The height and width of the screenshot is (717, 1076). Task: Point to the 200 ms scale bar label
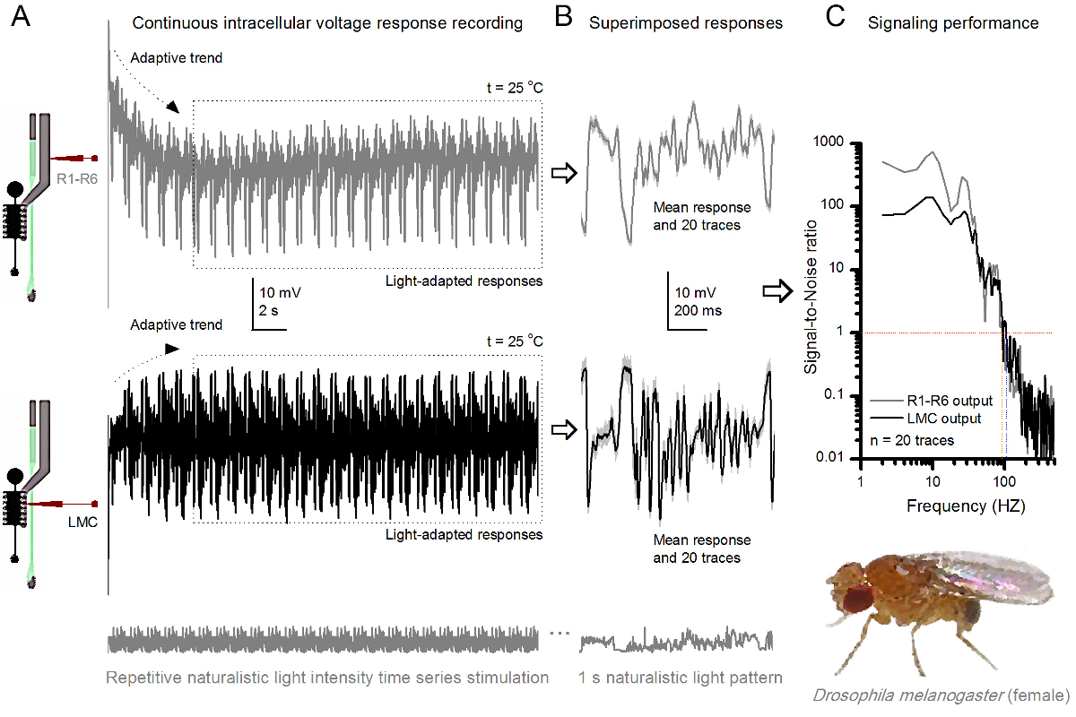click(x=697, y=312)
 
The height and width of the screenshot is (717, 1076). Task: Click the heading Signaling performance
click(x=953, y=23)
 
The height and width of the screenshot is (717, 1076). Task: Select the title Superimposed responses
click(x=686, y=23)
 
